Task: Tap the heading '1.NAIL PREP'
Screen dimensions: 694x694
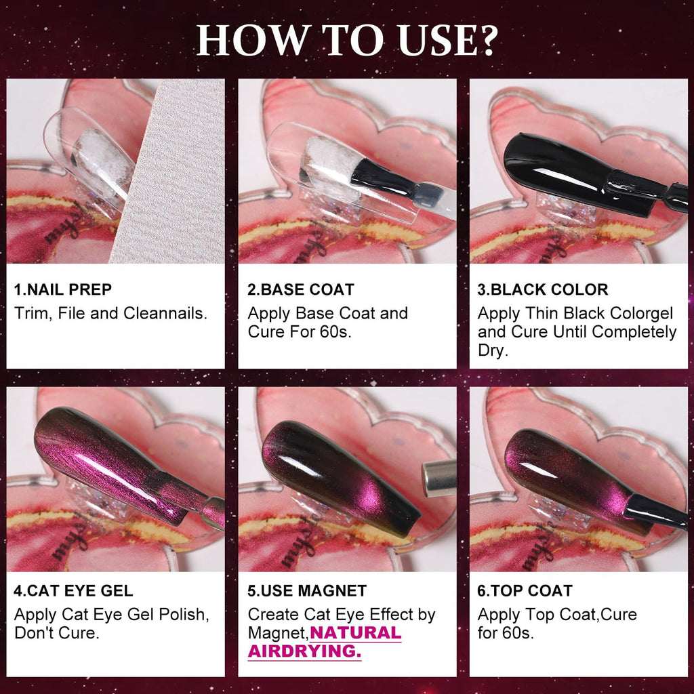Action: (x=63, y=289)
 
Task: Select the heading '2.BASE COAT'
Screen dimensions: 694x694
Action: (x=300, y=289)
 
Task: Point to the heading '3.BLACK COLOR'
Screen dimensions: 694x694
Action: (x=542, y=289)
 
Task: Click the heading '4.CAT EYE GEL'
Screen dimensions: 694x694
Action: (x=74, y=590)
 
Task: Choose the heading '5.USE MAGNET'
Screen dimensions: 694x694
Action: (x=307, y=590)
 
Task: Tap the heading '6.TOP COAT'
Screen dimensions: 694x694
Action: (x=525, y=590)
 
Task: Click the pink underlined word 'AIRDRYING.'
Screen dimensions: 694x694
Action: (x=304, y=651)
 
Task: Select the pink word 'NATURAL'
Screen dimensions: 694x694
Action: (x=356, y=633)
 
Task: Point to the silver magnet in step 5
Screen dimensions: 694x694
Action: (x=438, y=478)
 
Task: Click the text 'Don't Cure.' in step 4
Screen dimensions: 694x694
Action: (x=54, y=633)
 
